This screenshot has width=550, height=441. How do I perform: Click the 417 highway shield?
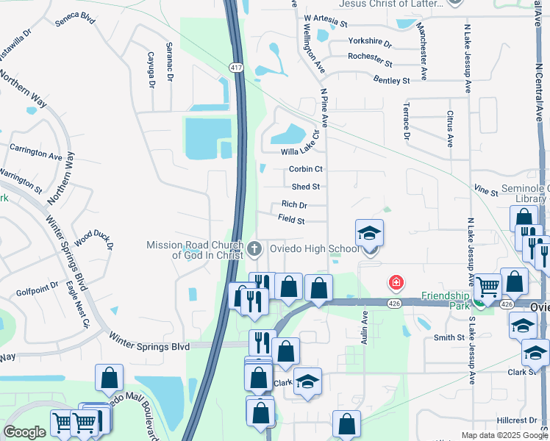click(x=236, y=68)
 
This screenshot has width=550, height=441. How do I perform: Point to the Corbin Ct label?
click(x=306, y=169)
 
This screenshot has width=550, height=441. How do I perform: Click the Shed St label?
click(x=306, y=187)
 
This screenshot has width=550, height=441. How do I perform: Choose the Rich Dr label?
click(x=294, y=205)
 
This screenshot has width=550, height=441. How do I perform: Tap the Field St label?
click(x=291, y=219)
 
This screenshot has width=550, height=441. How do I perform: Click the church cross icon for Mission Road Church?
click(x=254, y=248)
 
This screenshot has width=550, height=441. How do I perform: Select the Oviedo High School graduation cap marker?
click(x=369, y=234)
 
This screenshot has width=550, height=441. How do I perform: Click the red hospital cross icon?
click(x=396, y=282)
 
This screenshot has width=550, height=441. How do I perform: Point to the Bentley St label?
click(x=392, y=79)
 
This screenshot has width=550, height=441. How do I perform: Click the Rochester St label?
click(x=370, y=56)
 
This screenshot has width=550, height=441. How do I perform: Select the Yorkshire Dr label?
click(x=370, y=42)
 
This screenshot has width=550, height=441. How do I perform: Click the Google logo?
click(x=25, y=432)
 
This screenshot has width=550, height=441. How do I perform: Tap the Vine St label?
click(x=486, y=191)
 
